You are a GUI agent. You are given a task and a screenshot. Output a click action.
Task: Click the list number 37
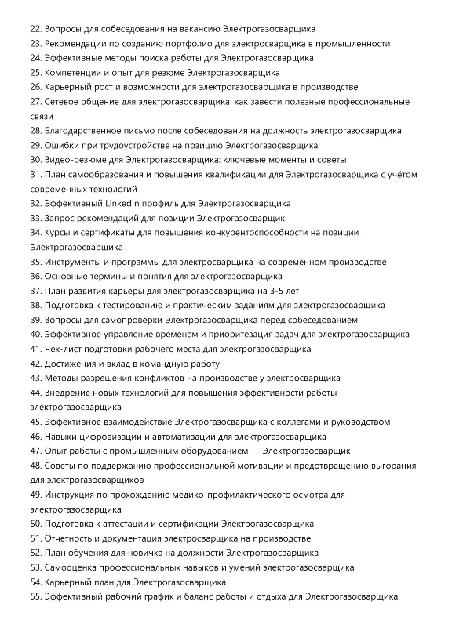pyautogui.click(x=35, y=291)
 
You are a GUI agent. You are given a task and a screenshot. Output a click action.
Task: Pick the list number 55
pyautogui.click(x=35, y=596)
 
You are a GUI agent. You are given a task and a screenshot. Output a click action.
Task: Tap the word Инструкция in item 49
pyautogui.click(x=74, y=495)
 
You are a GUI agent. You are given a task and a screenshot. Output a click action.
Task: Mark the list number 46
pyautogui.click(x=35, y=437)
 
